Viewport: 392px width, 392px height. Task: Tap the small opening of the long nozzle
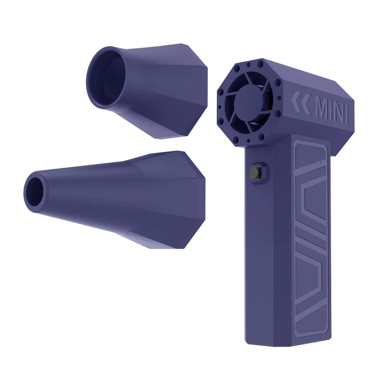[35, 191]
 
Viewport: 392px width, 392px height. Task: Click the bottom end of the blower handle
[286, 341]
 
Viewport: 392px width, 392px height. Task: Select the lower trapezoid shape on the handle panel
[310, 274]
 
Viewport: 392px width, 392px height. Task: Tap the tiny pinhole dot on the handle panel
[321, 161]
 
